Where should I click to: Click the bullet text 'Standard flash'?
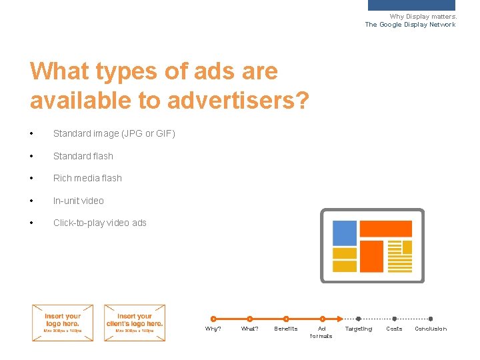pos(83,156)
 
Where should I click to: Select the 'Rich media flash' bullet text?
pos(87,178)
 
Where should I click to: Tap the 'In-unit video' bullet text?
pos(79,201)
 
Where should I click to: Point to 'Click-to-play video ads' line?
pos(100,223)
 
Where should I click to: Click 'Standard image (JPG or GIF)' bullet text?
pos(114,133)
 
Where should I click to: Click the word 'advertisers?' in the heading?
pos(238,100)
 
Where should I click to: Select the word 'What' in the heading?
pos(59,71)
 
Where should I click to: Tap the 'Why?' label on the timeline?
pos(213,329)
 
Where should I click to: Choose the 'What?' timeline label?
pos(249,329)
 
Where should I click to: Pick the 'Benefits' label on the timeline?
pos(286,329)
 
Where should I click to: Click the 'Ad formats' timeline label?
pos(321,332)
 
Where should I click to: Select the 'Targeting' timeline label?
pos(358,329)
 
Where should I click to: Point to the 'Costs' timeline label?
pos(394,329)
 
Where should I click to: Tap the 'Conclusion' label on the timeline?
pos(431,329)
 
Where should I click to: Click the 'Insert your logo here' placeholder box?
pos(63,323)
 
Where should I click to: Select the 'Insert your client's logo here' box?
pos(135,323)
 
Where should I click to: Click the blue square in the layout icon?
pos(345,233)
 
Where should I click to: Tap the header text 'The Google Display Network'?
pos(410,25)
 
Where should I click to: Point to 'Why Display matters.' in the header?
pos(423,17)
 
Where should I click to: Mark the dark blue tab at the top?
pos(411,5)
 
